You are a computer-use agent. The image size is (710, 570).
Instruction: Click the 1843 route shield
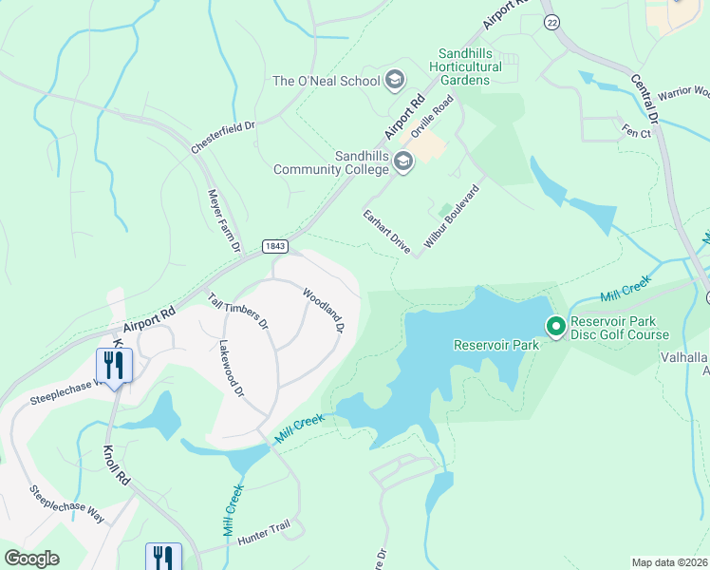[x=271, y=246]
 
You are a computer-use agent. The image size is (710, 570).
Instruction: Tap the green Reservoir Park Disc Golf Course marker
[x=555, y=326]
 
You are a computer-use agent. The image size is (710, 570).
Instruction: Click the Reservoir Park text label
[x=495, y=345]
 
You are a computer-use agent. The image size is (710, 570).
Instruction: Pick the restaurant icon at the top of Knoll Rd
[x=113, y=365]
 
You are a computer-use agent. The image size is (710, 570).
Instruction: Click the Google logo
[x=32, y=558]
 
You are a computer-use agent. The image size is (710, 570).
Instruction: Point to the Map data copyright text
[x=670, y=562]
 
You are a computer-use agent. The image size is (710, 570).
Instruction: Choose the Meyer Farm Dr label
[x=220, y=219]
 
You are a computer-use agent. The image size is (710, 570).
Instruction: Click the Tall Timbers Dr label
[x=238, y=311]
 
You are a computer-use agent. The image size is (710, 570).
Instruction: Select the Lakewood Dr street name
[x=232, y=370]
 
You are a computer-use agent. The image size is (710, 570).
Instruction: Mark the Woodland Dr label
[x=323, y=310]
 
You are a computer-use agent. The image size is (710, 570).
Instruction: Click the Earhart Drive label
[x=386, y=232]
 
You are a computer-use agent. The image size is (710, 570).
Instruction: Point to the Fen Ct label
[x=636, y=132]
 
